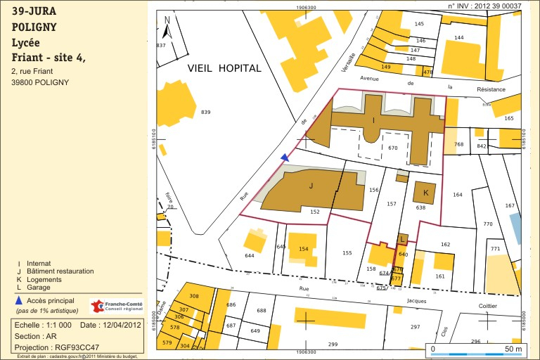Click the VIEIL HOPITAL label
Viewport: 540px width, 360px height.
tap(224, 68)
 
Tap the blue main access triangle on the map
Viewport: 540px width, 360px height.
tap(284, 157)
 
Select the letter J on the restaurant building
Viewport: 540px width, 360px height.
tap(310, 186)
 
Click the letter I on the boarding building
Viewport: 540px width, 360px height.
tap(373, 120)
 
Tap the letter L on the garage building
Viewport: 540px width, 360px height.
tap(402, 239)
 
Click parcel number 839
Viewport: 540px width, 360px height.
tap(205, 112)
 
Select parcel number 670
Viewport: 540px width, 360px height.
tap(392, 148)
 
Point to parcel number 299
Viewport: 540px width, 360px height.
tap(333, 345)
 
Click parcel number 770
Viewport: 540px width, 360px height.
tap(488, 224)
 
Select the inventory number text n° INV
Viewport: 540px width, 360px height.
tap(484, 6)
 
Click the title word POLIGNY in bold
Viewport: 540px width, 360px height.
tap(34, 27)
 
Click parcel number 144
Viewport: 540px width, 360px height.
tap(459, 37)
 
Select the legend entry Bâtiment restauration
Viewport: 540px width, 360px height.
tap(60, 271)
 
